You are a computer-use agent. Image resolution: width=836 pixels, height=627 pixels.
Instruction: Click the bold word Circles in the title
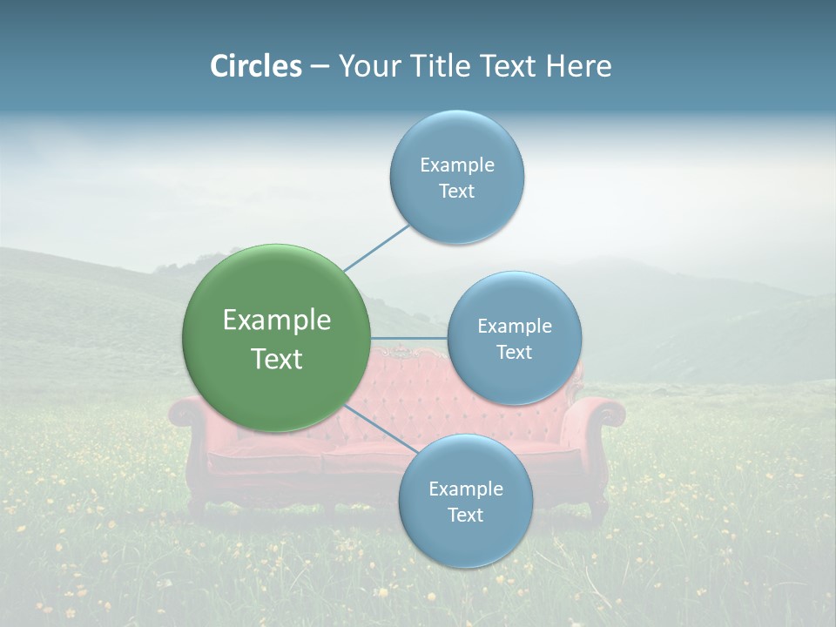(x=255, y=66)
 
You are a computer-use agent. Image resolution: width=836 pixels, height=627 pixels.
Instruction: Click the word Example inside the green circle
(x=277, y=320)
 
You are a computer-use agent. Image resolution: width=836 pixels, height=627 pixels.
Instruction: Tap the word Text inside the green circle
(x=277, y=359)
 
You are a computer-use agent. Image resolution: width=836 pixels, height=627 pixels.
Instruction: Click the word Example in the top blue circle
(x=457, y=165)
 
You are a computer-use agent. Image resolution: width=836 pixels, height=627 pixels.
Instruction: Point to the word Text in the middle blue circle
(x=515, y=353)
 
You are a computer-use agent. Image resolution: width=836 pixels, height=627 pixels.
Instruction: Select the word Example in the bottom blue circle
(x=466, y=489)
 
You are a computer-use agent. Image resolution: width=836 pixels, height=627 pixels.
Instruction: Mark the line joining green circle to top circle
(x=377, y=247)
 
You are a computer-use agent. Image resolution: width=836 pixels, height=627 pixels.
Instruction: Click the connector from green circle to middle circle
(x=409, y=338)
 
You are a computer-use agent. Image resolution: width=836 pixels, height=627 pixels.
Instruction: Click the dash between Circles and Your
(x=320, y=67)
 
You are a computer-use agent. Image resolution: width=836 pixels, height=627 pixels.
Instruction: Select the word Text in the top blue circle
(x=456, y=192)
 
